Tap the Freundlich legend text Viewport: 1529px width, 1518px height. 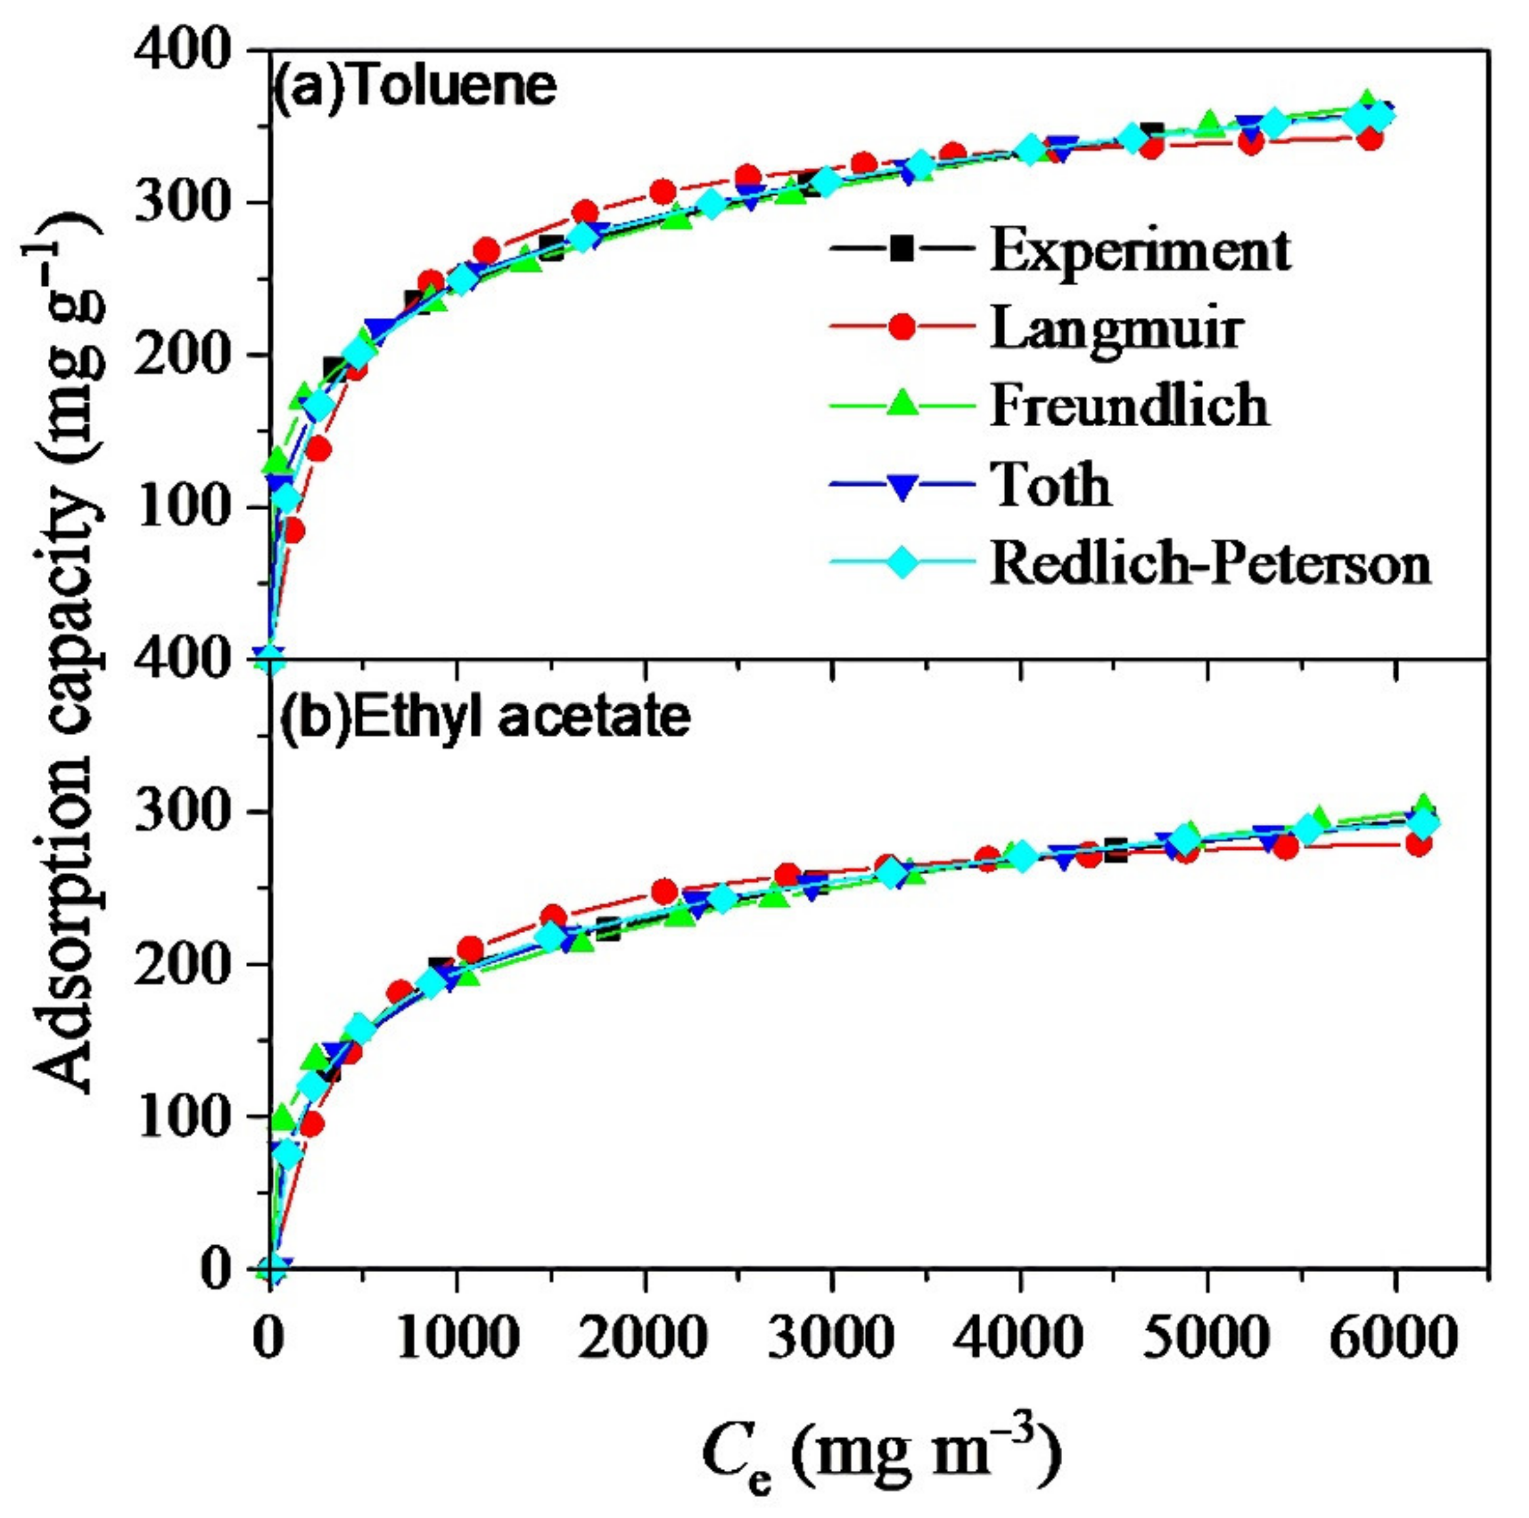point(1128,405)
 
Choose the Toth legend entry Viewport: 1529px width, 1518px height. point(1050,485)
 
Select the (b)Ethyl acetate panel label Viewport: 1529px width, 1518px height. point(485,718)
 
